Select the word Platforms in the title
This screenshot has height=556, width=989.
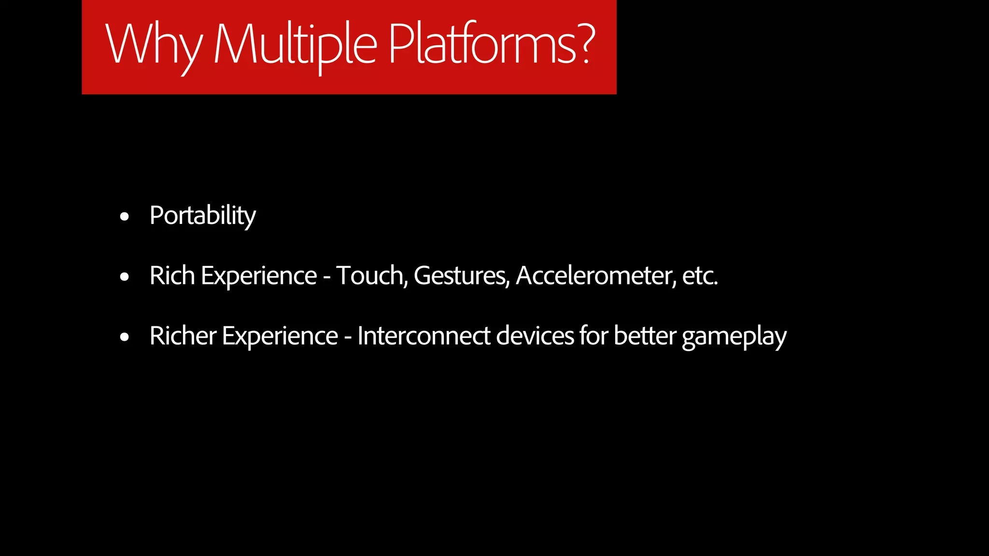tap(483, 44)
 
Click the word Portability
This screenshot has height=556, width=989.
tap(202, 215)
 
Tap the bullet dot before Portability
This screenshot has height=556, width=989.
tap(125, 217)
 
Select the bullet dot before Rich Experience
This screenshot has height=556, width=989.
tap(125, 277)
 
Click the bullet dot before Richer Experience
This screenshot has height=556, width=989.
tap(125, 337)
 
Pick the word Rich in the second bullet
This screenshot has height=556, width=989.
tap(172, 276)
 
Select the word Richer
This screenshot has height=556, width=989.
tap(183, 336)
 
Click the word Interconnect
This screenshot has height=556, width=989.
tap(424, 336)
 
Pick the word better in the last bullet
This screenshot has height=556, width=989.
tap(645, 336)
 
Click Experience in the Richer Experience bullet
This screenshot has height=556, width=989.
tap(280, 337)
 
